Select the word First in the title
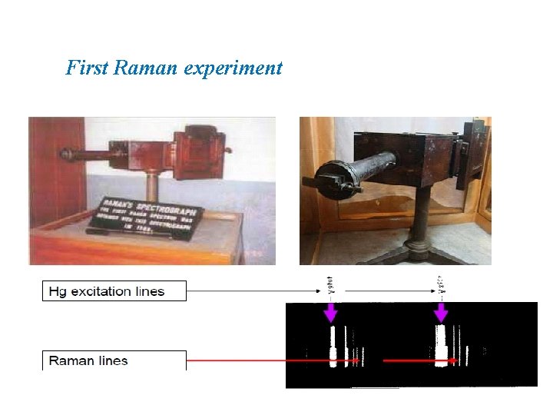coord(86,68)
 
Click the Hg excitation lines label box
coord(114,291)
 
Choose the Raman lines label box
coord(114,360)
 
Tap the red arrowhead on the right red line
coord(455,360)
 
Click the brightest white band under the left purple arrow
coord(333,347)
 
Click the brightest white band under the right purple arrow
coord(441,347)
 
